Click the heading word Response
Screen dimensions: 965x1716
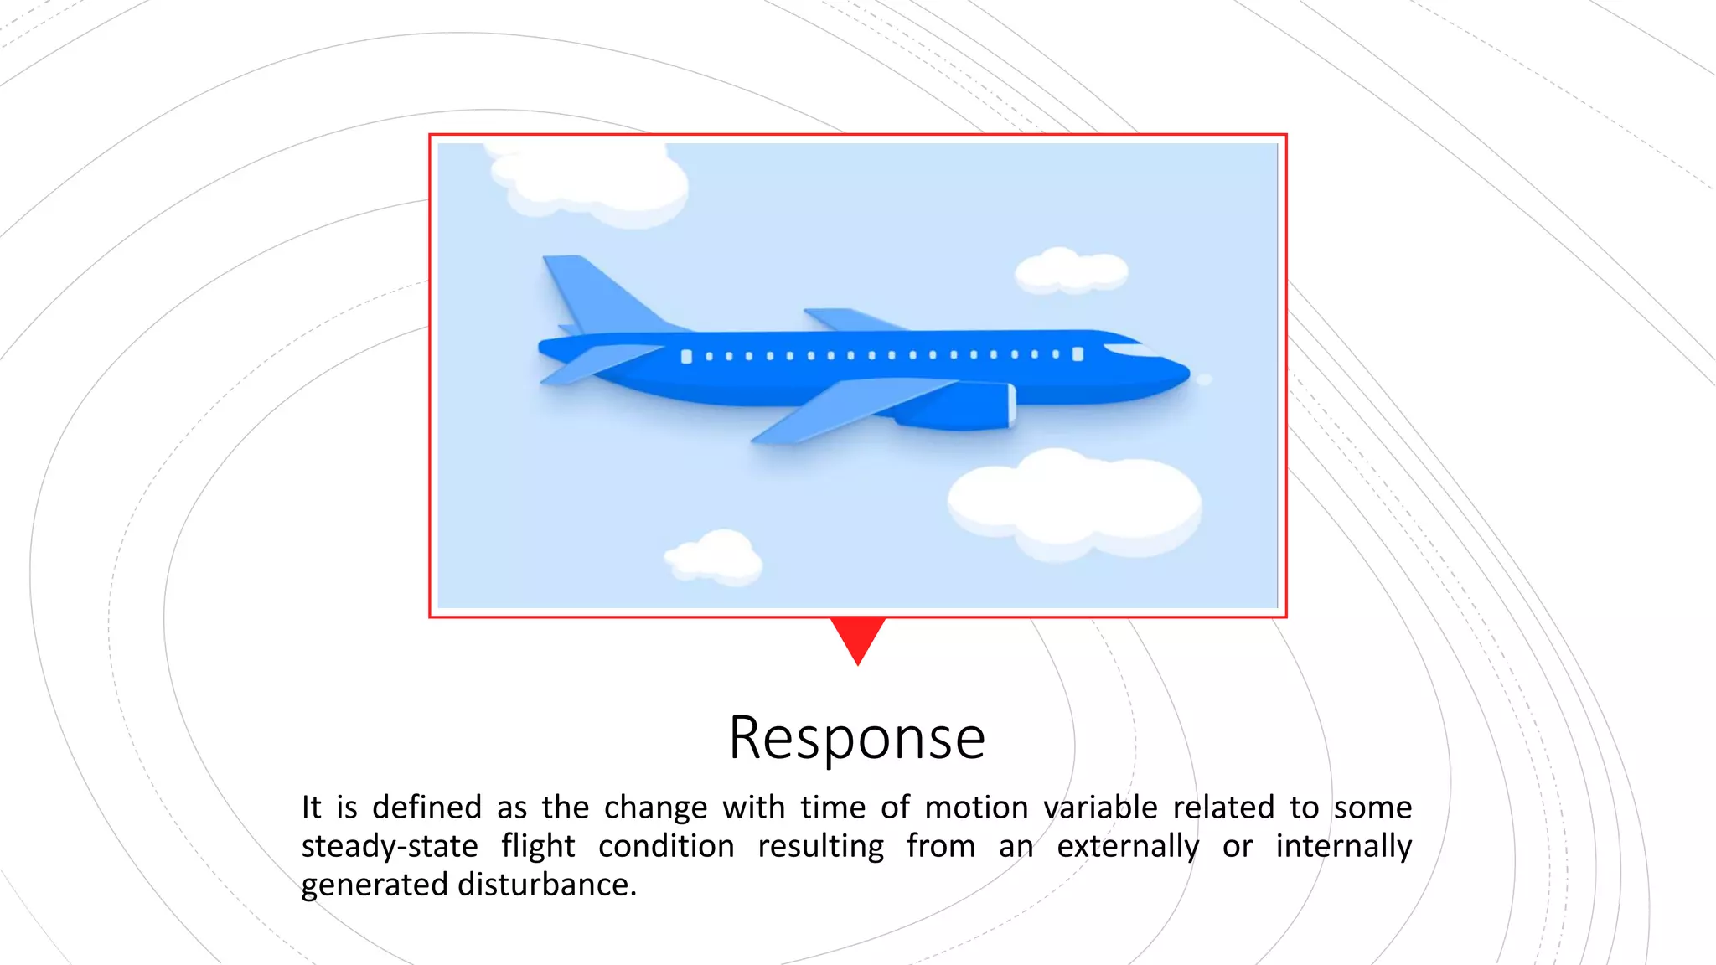pyautogui.click(x=857, y=738)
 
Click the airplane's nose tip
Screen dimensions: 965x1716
pyautogui.click(x=1185, y=372)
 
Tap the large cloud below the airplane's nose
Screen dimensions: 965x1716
pyautogui.click(x=1075, y=503)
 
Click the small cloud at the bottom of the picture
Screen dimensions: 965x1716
pyautogui.click(x=715, y=556)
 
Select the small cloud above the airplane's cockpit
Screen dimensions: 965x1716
pyautogui.click(x=1071, y=270)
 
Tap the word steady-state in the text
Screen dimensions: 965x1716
pyautogui.click(x=390, y=846)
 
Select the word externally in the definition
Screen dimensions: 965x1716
pyautogui.click(x=1127, y=846)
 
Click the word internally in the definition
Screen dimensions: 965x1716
pyautogui.click(x=1343, y=846)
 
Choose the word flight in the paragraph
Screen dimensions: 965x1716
pyautogui.click(x=538, y=846)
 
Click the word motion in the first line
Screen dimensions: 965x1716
pyautogui.click(x=976, y=808)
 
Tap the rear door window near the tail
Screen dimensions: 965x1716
pyautogui.click(x=686, y=357)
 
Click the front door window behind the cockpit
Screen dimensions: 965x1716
pyautogui.click(x=1078, y=354)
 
